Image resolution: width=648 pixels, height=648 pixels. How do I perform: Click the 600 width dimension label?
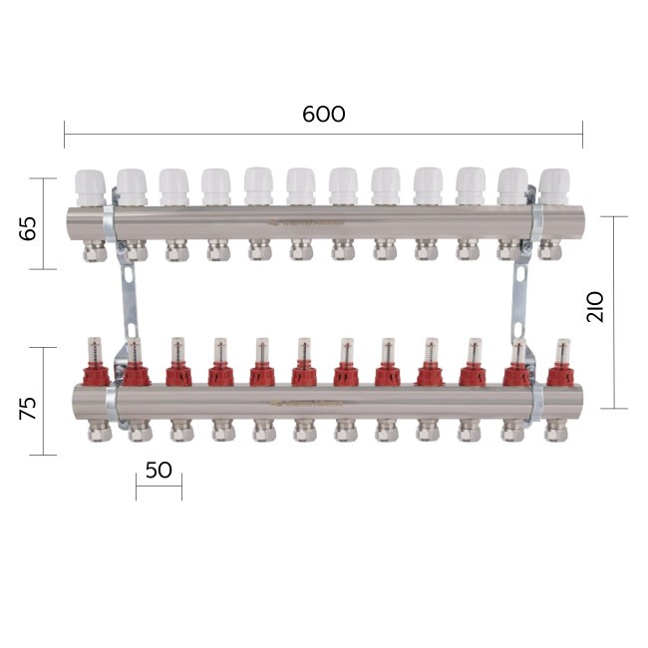324,114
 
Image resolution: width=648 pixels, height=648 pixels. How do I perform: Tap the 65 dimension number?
28,227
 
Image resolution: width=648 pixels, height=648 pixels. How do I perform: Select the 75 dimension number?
28,409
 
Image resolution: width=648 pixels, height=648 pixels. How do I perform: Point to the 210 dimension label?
595,307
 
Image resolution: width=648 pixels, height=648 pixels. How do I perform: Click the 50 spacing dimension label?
160,470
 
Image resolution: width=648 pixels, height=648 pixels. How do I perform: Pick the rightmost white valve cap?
554,186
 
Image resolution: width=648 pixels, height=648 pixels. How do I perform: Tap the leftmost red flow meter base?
97,374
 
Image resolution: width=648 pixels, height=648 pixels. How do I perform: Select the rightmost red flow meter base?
560,375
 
